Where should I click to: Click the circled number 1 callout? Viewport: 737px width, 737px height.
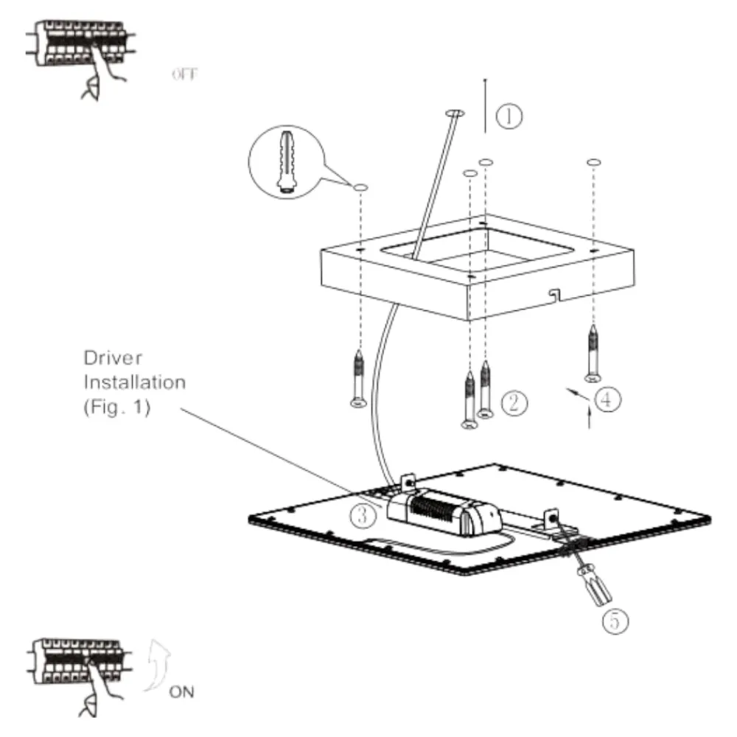pos(509,116)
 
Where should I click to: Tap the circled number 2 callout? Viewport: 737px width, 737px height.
pos(514,403)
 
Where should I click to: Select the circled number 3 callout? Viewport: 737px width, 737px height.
pos(363,516)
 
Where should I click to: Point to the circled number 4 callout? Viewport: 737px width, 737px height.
pos(607,399)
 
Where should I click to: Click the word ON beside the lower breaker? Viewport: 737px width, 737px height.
pos(181,692)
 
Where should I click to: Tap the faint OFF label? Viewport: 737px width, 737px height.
pos(184,74)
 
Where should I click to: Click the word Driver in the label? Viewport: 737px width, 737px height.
pos(113,358)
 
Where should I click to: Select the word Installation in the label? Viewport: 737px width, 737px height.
pos(135,382)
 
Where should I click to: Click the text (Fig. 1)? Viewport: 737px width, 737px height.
pos(117,407)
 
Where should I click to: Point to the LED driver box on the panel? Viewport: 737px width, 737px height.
pos(444,511)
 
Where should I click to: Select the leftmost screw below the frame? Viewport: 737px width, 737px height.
pos(359,379)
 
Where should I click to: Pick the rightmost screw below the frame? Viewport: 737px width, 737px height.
pos(593,354)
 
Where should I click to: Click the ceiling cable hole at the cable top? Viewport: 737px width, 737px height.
pos(455,113)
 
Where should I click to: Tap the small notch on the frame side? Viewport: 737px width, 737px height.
pos(555,294)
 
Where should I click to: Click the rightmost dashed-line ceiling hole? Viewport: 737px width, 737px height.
pos(593,163)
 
